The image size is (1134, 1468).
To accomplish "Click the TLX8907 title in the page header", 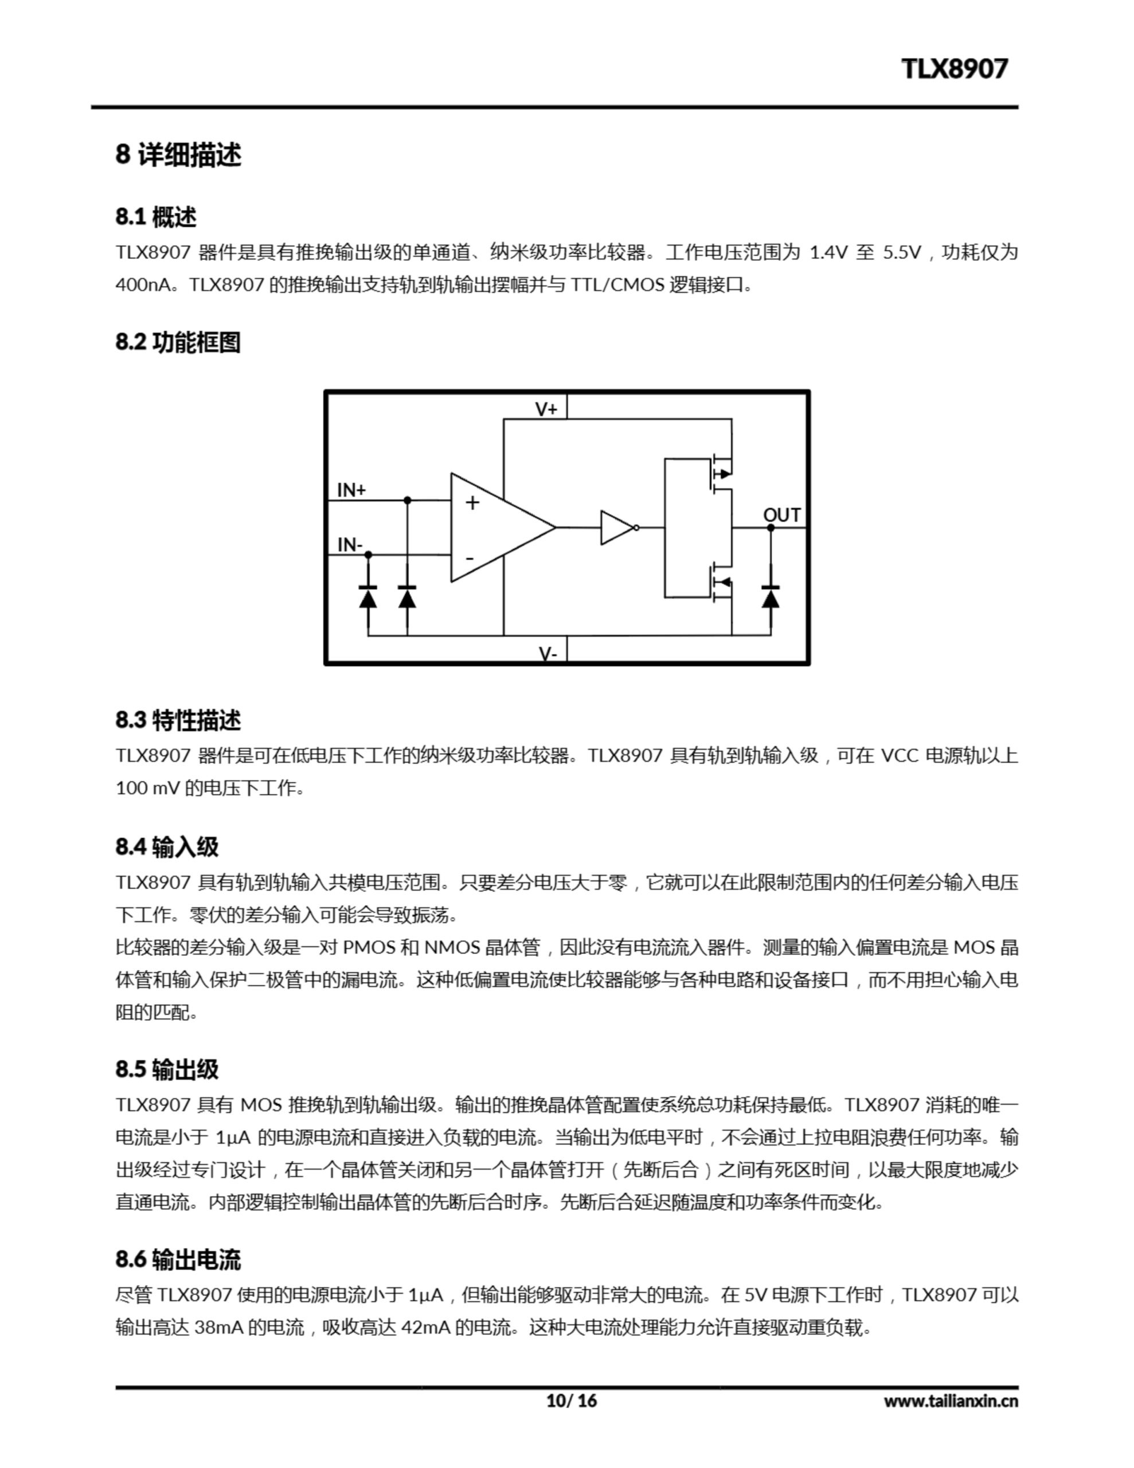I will (954, 69).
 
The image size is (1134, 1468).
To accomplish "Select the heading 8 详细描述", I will (178, 155).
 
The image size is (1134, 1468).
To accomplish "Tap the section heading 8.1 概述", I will (156, 217).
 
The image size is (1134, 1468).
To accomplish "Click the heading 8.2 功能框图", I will (178, 342).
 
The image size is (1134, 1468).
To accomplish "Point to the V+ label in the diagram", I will (546, 409).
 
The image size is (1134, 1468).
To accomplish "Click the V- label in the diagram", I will (548, 653).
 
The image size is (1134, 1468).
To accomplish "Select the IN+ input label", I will (351, 490).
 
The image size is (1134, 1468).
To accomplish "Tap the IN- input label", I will (350, 544).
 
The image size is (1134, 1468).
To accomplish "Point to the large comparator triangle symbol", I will (498, 528).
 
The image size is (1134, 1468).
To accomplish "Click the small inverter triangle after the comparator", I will (616, 528).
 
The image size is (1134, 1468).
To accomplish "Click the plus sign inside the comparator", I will (472, 503).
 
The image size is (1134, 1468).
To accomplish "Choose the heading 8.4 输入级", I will (167, 846).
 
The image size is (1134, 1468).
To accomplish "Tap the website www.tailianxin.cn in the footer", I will (951, 1401).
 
